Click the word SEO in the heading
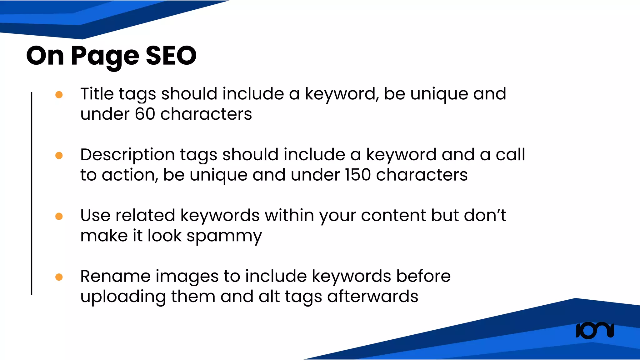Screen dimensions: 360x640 click(x=171, y=56)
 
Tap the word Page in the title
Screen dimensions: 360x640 click(x=105, y=56)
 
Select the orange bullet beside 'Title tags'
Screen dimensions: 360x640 click(x=59, y=94)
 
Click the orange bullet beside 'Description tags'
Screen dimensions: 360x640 click(x=59, y=155)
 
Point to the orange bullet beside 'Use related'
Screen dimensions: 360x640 click(x=59, y=216)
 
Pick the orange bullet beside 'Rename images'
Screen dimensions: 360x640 click(x=59, y=277)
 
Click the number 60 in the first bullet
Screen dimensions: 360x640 click(x=145, y=114)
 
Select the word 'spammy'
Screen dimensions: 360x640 click(x=224, y=236)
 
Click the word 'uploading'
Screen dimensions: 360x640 click(x=123, y=297)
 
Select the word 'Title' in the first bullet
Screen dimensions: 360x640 click(x=97, y=94)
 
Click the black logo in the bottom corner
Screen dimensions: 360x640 click(x=595, y=331)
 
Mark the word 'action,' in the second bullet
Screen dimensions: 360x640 click(x=130, y=175)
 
